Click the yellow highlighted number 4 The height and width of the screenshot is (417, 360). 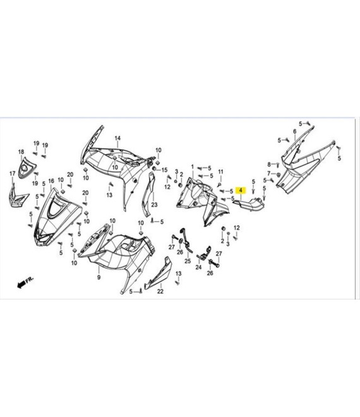coord(241,190)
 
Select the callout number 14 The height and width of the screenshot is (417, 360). coord(117,138)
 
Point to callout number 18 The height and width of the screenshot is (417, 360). coord(21,152)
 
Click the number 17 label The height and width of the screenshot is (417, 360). coord(13,174)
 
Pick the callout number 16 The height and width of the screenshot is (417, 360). coord(51,181)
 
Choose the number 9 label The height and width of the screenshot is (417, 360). coord(99,277)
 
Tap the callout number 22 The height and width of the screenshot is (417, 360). coord(160,291)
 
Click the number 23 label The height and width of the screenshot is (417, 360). coord(155,205)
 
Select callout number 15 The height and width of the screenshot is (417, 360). coord(165,170)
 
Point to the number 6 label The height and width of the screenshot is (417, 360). coord(294,131)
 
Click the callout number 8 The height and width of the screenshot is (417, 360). coord(269,164)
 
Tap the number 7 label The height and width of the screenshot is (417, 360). coord(269,173)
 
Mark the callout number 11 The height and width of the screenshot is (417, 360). coord(220,172)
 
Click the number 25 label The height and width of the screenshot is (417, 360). coord(188,261)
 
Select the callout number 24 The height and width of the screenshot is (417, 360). coord(198,267)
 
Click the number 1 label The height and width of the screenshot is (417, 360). coord(193,167)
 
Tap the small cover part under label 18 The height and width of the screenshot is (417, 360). coord(27,168)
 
